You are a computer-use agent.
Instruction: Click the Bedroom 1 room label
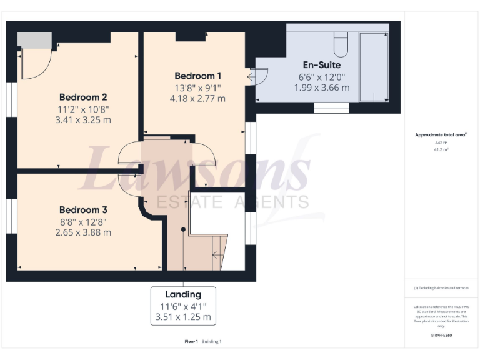(197, 76)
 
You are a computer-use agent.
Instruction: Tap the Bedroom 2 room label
(83, 97)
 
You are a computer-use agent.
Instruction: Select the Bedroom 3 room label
(83, 210)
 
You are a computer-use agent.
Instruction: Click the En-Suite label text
(321, 64)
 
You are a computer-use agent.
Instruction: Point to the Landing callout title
(183, 294)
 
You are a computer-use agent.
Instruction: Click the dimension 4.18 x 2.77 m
(197, 98)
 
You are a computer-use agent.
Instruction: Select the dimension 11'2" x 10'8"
(83, 108)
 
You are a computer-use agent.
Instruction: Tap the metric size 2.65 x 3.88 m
(83, 232)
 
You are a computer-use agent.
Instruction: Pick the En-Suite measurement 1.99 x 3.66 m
(321, 87)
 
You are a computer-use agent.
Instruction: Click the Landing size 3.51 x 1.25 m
(183, 317)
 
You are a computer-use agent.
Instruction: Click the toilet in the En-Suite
(341, 43)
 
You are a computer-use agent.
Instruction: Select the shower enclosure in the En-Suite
(374, 67)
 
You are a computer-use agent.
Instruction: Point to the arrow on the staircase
(217, 254)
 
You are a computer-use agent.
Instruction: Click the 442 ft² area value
(441, 142)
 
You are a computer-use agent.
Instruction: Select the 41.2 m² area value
(441, 149)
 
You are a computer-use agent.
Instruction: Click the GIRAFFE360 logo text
(441, 336)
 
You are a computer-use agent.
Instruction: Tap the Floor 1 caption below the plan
(191, 341)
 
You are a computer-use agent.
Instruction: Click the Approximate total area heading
(441, 134)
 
